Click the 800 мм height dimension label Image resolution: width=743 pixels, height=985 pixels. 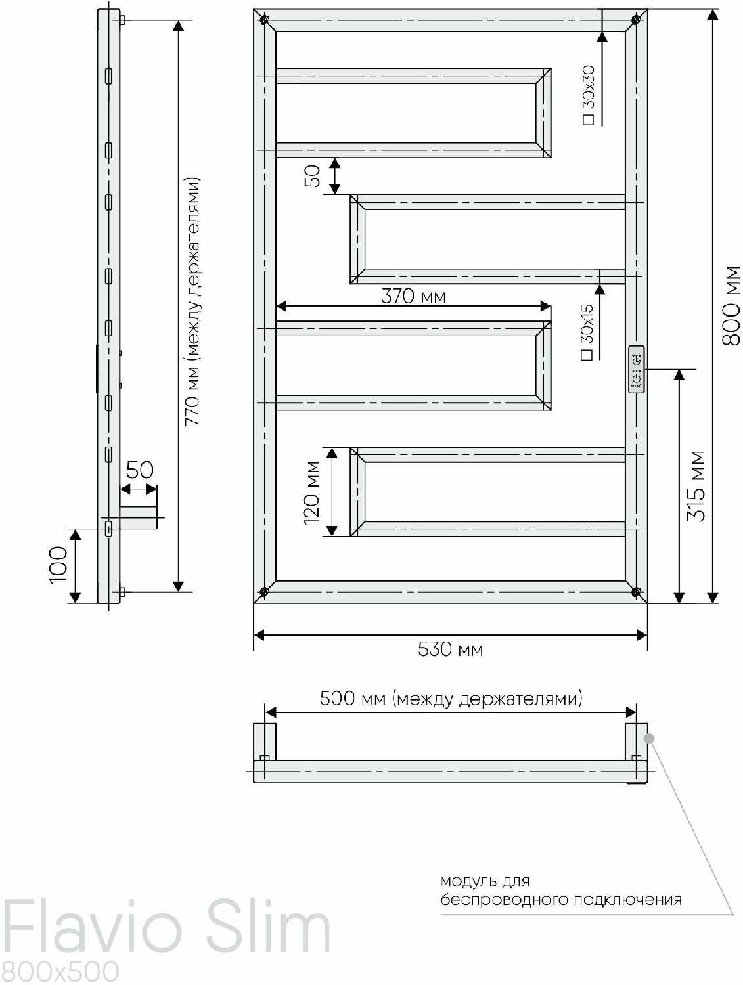click(x=731, y=305)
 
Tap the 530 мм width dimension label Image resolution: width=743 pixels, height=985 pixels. click(x=450, y=649)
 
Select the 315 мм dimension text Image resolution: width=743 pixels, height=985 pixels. click(x=696, y=486)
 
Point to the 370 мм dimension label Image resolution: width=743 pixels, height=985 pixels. click(x=413, y=296)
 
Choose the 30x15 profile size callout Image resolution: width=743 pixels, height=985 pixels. click(x=587, y=332)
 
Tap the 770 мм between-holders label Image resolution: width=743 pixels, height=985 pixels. click(x=192, y=302)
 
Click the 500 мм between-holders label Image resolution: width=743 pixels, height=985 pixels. click(x=451, y=698)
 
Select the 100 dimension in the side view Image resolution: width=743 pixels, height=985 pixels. click(x=58, y=564)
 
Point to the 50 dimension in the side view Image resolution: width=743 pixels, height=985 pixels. click(x=139, y=470)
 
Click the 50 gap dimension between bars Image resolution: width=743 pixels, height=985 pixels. click(x=312, y=176)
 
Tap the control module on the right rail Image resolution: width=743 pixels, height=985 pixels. click(x=636, y=369)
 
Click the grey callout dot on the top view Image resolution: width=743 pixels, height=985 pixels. click(x=649, y=738)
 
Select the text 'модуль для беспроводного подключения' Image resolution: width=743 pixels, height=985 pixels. click(x=560, y=890)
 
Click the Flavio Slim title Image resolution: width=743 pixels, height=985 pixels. click(x=166, y=929)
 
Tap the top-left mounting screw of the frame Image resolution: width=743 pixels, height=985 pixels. click(x=264, y=20)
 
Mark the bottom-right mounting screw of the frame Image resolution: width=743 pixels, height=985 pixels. click(x=635, y=592)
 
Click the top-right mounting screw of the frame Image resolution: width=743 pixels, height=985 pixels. click(x=635, y=20)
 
